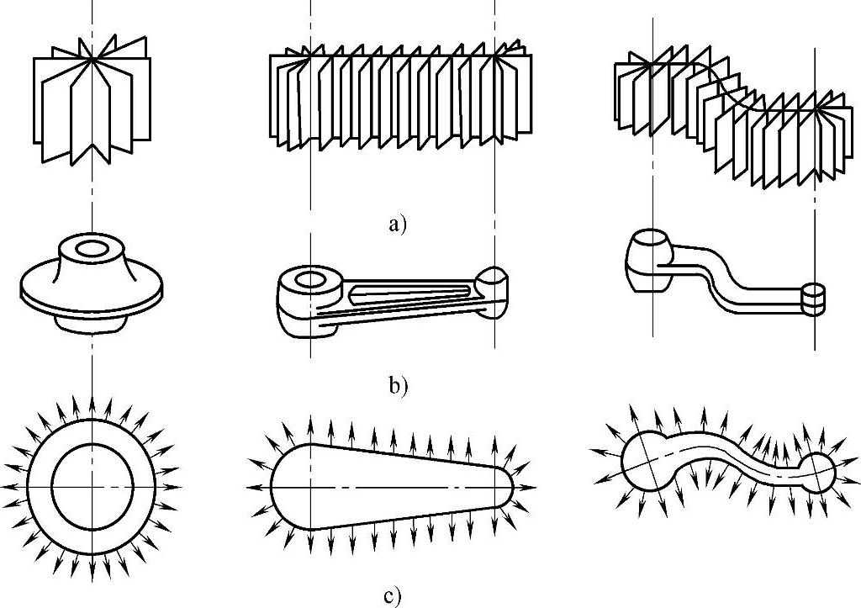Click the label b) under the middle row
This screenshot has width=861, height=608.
point(398,387)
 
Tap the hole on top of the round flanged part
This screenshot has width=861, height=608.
point(92,249)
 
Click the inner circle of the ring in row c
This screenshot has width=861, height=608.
point(92,485)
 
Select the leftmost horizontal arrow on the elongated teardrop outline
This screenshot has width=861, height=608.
point(256,487)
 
